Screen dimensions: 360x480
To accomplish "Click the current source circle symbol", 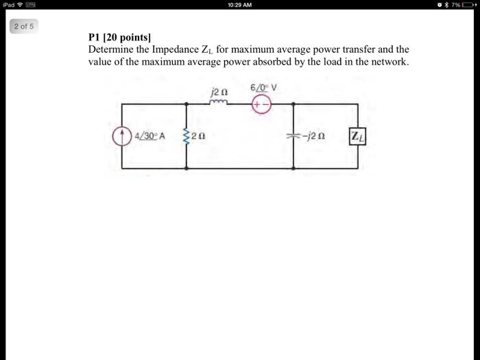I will (122, 136).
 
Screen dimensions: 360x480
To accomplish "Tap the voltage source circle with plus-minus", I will (261, 104).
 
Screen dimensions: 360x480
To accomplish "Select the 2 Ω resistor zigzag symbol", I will (186, 136).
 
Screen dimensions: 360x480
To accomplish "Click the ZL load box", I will (357, 136).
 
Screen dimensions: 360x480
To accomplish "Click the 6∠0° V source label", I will (263, 88).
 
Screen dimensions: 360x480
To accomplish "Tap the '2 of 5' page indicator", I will (23, 27).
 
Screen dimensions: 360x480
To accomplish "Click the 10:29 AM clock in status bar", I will (239, 5).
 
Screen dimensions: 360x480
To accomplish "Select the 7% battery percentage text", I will (455, 5).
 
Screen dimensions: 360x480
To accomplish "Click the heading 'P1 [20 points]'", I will (120, 38).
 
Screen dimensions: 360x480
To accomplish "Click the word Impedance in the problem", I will (178, 50).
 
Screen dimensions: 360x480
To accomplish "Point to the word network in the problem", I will (388, 62).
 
